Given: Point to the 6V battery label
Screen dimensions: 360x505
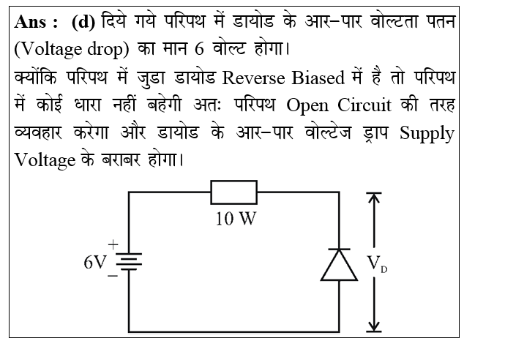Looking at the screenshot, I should [96, 262].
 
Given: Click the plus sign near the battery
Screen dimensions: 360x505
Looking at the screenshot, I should [113, 244].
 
